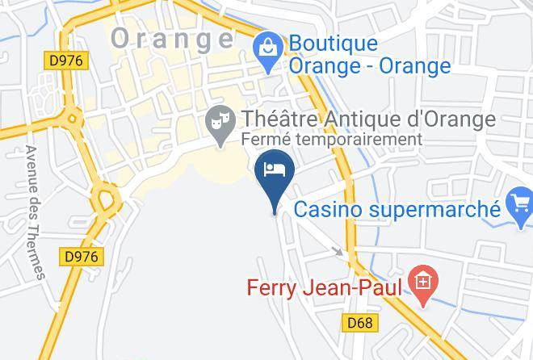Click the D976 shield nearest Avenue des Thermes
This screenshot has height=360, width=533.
click(x=80, y=256)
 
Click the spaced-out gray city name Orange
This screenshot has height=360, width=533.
click(x=172, y=38)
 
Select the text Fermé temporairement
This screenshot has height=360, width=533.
click(x=332, y=140)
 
